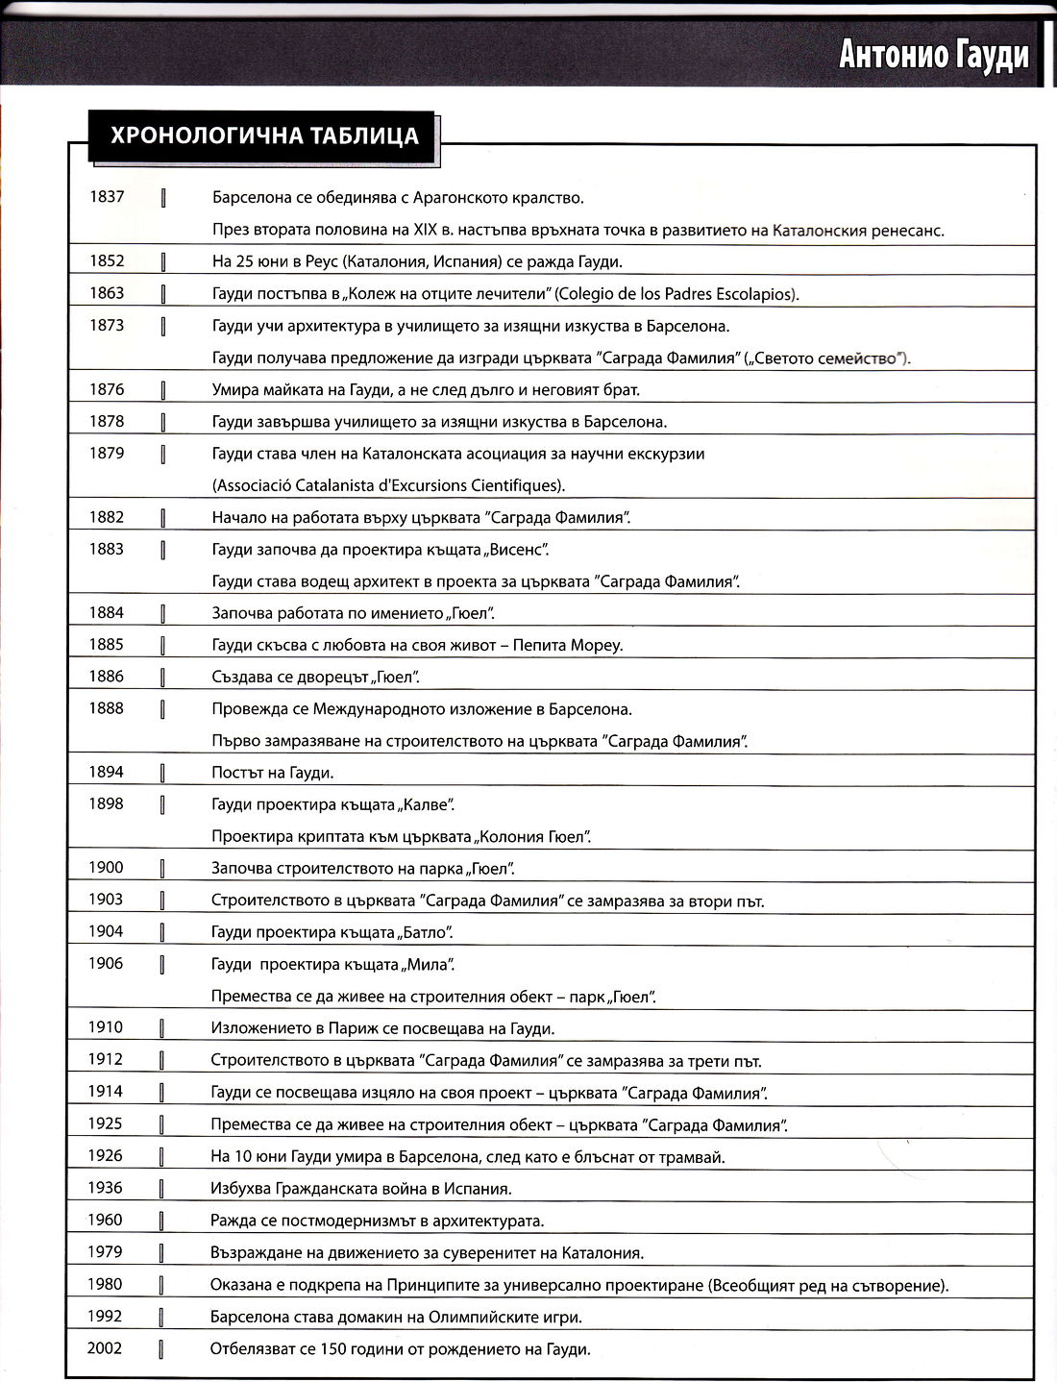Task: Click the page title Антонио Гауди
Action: [x=933, y=55]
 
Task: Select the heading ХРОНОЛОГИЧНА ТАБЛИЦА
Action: [x=265, y=136]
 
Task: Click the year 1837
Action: [x=107, y=197]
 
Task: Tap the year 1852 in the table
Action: [x=107, y=260]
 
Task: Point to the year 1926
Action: [x=106, y=1155]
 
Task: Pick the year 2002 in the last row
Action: [x=105, y=1347]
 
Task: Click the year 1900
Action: [x=106, y=867]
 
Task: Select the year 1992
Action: [x=105, y=1316]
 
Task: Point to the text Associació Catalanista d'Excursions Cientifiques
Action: [x=388, y=485]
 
